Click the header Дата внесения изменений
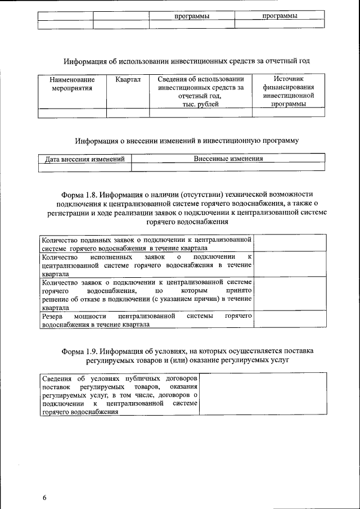[x=84, y=159]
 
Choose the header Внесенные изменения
[x=228, y=159]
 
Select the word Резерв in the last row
[x=53, y=317]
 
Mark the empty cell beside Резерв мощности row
[x=289, y=321]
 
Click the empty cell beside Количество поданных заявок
[x=289, y=243]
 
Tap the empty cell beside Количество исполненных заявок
[x=289, y=264]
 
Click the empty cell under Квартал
[x=128, y=113]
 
